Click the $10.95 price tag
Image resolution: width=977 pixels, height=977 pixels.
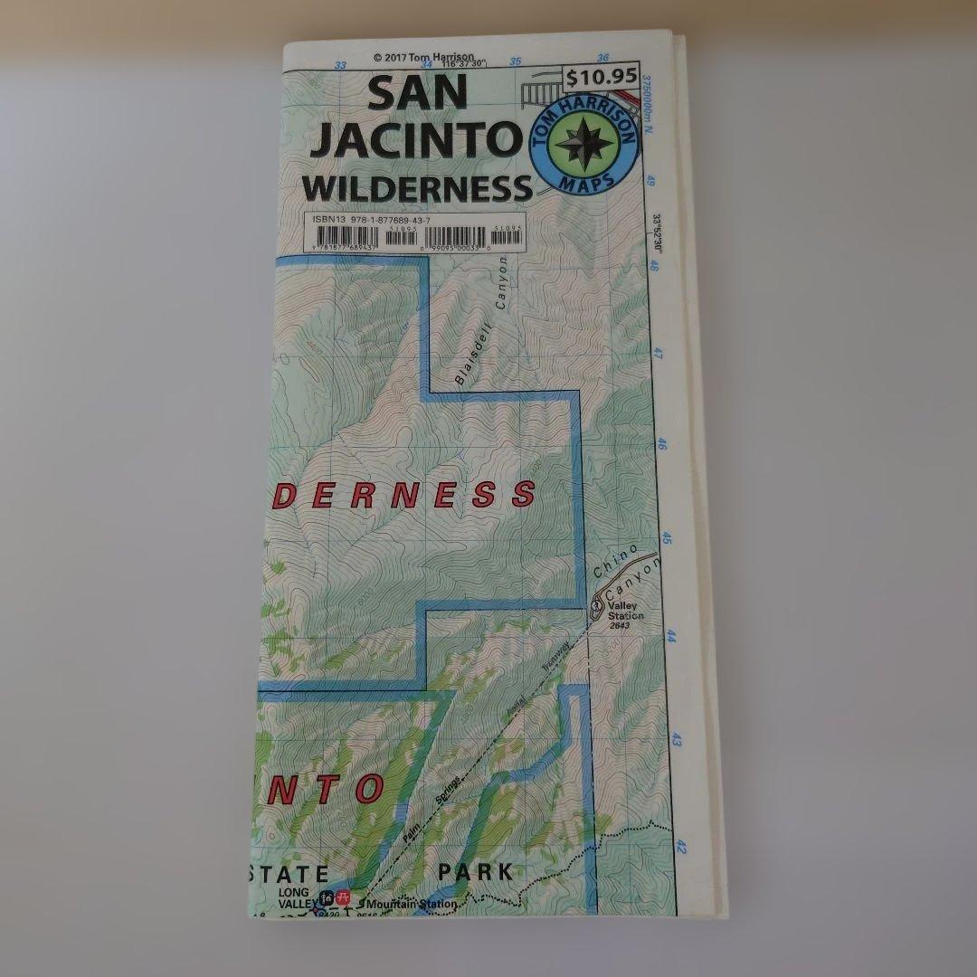[x=601, y=78]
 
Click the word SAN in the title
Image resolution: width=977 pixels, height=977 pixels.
[x=417, y=94]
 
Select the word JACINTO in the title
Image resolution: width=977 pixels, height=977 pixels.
[x=413, y=141]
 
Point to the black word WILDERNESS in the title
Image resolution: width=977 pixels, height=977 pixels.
[x=417, y=188]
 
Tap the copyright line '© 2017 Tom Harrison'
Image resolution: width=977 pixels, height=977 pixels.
[x=422, y=57]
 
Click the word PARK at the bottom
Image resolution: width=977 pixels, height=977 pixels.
[x=476, y=873]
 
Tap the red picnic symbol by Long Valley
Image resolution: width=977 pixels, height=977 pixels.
[x=343, y=897]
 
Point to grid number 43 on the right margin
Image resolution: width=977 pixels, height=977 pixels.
[x=677, y=741]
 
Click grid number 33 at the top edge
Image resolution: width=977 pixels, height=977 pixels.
[x=340, y=64]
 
